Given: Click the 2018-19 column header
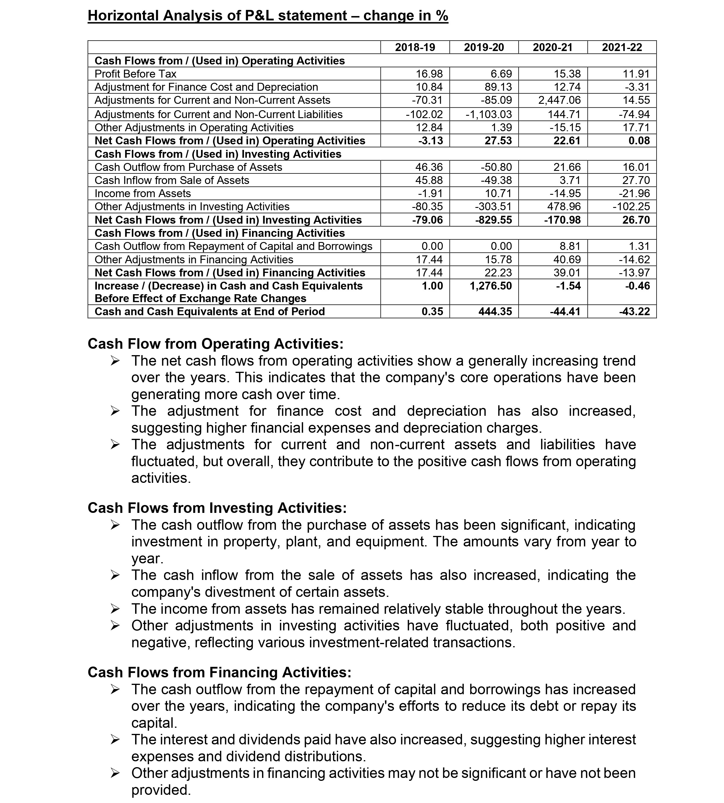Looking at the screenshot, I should (415, 47).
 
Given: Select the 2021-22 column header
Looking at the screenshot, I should (622, 47).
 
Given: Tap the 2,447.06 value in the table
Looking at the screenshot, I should (559, 100).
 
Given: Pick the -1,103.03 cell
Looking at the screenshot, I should (489, 115).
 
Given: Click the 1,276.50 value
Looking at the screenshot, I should (491, 286).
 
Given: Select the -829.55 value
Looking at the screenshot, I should (494, 220).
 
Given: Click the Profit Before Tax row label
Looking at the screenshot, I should (135, 74).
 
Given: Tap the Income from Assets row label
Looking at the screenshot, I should (142, 194).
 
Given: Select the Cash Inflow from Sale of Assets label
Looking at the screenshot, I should (172, 180).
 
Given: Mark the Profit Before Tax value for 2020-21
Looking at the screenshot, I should (567, 74).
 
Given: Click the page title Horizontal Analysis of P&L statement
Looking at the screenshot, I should (268, 16).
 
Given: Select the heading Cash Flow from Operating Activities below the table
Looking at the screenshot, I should (215, 344).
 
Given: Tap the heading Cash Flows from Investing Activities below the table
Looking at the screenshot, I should (217, 508).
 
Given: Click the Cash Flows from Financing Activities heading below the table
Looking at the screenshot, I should (219, 672).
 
